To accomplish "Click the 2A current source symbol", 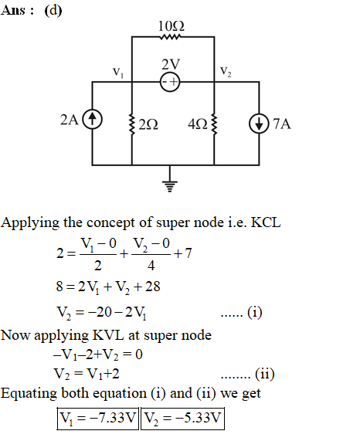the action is (92, 119).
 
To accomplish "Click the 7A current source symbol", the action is (259, 124).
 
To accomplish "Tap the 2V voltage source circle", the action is (170, 82).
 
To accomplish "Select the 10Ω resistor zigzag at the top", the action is (170, 37).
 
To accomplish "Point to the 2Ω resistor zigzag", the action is (131, 124).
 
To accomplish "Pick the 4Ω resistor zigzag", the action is (214, 124).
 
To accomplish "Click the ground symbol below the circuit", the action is (170, 186).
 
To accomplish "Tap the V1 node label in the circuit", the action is (118, 73).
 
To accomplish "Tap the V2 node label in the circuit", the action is (226, 71).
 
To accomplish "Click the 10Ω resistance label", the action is (171, 26).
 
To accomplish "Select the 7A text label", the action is (282, 124).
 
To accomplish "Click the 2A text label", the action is (70, 120).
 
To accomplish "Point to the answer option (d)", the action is (53, 11).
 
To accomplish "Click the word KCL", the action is (266, 222).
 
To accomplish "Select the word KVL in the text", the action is (108, 335).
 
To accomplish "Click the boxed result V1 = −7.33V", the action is (98, 419).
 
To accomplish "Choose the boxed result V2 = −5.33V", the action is (182, 419).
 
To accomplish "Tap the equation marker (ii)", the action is (265, 374).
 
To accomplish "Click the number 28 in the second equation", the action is (153, 287).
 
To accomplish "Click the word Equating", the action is (29, 393).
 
